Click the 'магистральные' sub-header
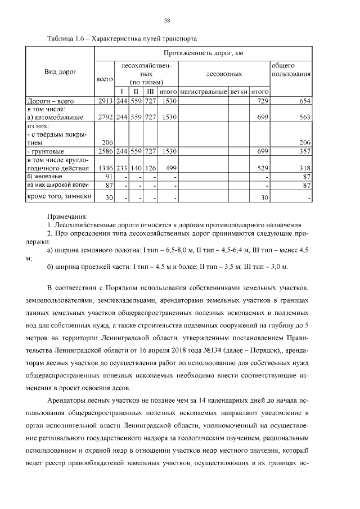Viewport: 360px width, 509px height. [x=204, y=91]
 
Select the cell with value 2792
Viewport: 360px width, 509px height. [x=105, y=118]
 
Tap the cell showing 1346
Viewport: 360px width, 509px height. [x=105, y=168]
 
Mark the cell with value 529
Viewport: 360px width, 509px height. [x=262, y=168]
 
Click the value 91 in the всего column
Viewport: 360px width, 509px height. [x=109, y=177]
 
